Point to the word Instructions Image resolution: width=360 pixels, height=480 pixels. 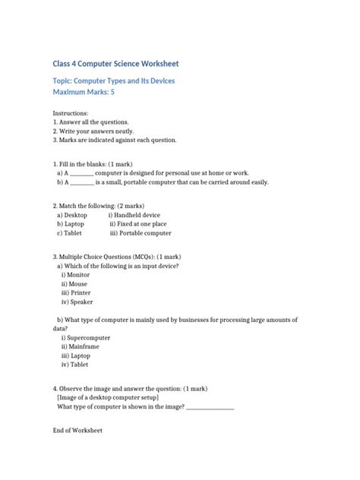point(71,112)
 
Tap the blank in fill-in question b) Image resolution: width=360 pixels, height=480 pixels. point(82,182)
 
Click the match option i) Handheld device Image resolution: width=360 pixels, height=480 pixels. point(134,215)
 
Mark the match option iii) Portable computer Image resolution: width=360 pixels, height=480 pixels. point(141,233)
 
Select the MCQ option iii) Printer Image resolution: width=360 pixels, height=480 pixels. point(76,292)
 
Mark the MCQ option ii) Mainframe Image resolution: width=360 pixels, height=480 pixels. point(80,346)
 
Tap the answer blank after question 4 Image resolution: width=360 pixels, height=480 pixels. point(210,406)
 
